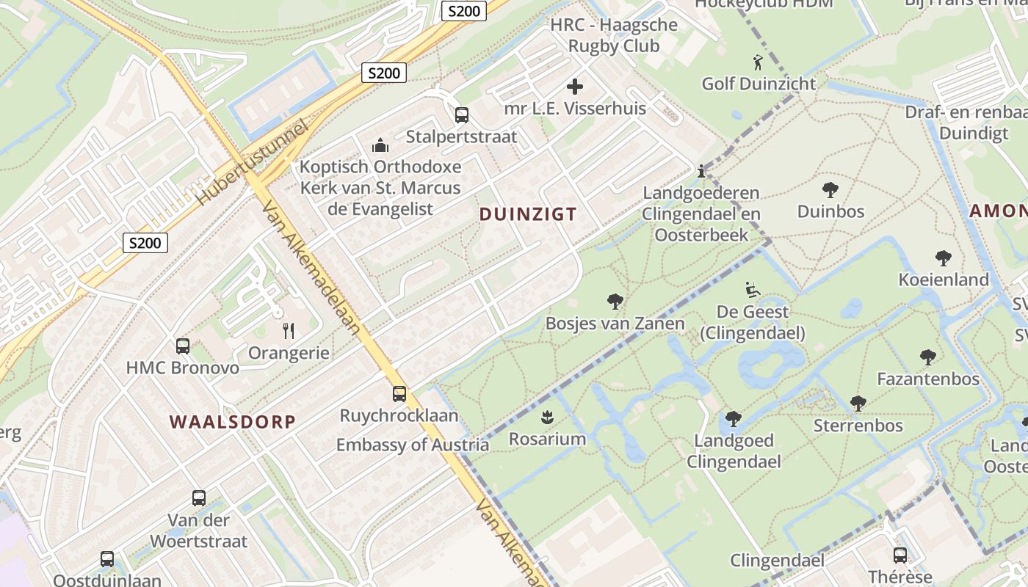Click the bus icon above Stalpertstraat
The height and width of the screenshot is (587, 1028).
[461, 115]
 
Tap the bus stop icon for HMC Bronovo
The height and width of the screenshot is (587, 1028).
[183, 346]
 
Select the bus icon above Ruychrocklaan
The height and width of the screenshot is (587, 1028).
[399, 394]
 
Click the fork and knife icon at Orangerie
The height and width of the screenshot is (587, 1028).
[289, 331]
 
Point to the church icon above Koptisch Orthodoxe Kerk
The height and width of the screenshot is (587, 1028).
[380, 145]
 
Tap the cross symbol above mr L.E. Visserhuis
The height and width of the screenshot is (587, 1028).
[575, 87]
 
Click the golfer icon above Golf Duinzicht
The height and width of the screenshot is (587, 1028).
[758, 62]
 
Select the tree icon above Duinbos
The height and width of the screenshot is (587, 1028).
[830, 190]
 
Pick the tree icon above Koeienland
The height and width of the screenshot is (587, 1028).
[944, 258]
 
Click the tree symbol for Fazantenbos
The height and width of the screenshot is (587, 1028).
[928, 357]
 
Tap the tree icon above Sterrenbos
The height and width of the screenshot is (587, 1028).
[858, 404]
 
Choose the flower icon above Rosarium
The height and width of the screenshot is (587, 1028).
[547, 418]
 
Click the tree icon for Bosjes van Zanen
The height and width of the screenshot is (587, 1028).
[615, 302]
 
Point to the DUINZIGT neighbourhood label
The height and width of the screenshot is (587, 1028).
[527, 214]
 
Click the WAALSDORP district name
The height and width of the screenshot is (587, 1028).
[232, 422]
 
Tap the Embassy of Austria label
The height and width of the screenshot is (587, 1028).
[412, 445]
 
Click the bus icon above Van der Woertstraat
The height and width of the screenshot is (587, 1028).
[198, 498]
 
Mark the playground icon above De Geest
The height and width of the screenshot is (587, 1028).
[752, 290]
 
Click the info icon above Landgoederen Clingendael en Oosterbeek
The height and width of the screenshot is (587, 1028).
[701, 171]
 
